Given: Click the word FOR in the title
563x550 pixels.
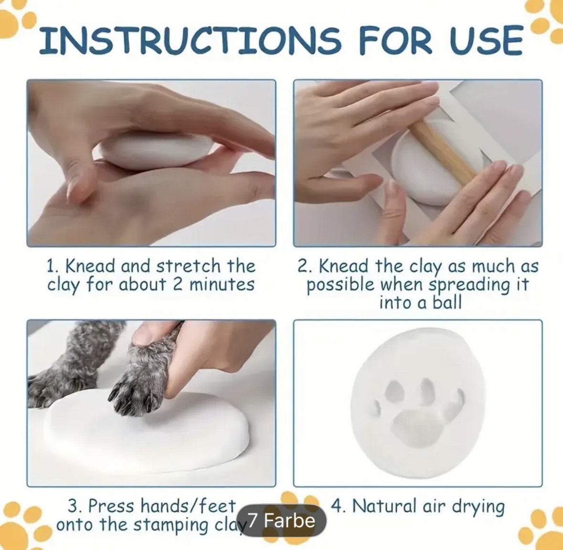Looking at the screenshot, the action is tap(396, 40).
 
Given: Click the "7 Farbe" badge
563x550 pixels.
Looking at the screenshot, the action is tap(282, 520).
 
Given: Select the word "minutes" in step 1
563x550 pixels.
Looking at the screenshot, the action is tap(222, 285).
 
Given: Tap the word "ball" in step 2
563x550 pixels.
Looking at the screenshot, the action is tap(446, 303).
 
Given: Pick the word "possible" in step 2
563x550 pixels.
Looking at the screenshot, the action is tap(340, 285).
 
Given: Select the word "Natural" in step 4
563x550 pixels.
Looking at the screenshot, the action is tap(384, 507).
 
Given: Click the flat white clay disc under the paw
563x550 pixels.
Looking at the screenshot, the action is tap(147, 431).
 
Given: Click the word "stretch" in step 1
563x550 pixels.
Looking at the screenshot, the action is tap(189, 266).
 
